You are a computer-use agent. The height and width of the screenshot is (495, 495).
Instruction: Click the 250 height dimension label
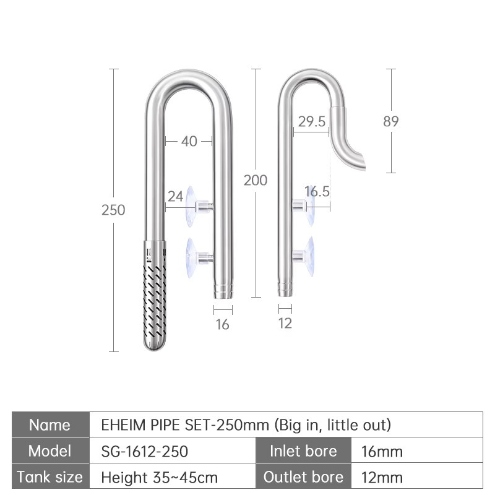point(113,210)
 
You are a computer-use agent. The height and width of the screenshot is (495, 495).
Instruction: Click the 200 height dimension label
point(256,180)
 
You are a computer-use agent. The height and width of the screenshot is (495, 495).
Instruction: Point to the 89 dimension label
point(391,121)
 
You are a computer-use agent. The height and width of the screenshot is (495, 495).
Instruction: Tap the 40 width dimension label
point(189,142)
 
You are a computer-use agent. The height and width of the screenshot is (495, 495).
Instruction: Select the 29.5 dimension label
point(312,121)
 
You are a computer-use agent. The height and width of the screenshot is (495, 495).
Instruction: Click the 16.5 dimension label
point(317,191)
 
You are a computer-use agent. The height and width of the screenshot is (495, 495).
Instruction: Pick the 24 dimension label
point(175,196)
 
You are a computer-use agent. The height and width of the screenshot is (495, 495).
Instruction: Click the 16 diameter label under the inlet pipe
point(222,324)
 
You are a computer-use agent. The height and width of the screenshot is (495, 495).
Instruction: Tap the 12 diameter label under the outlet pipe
point(285,323)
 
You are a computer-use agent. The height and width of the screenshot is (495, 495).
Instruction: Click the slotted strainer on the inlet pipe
point(154,295)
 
